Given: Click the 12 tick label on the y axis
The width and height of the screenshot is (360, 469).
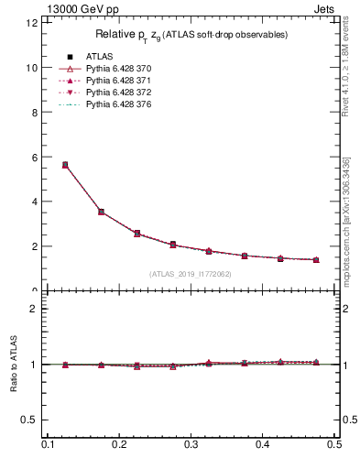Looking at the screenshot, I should pyautogui.click(x=32, y=23).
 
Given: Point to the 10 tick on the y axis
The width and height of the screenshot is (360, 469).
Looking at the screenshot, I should pyautogui.click(x=32, y=68).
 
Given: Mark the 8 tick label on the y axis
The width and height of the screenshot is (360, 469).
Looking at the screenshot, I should pyautogui.click(x=34, y=113).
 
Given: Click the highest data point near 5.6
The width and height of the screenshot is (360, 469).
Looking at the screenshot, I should pyautogui.click(x=65, y=165).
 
